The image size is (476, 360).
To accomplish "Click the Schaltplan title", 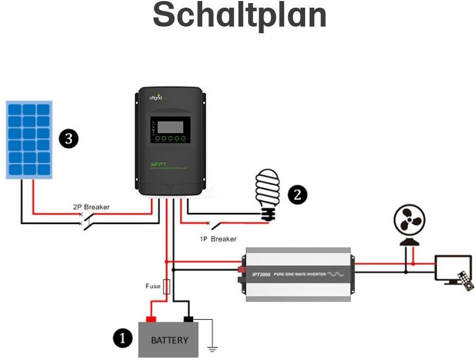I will (240, 15).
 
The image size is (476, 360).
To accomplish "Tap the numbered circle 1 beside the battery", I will (122, 338).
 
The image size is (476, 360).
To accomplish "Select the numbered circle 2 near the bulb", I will (297, 194).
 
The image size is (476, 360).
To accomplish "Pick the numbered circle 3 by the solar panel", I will (68, 139).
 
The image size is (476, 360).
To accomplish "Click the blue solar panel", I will (29, 140).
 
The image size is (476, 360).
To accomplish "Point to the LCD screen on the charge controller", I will (170, 126).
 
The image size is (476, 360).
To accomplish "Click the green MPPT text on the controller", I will (156, 164).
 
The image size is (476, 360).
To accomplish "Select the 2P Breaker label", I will (91, 207).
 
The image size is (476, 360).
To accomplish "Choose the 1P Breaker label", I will (218, 239).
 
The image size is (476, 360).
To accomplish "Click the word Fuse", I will (153, 286).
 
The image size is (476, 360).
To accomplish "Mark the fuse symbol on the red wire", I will (166, 287).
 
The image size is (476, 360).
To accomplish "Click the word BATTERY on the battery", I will (169, 340).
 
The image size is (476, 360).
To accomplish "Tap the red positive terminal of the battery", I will (151, 319).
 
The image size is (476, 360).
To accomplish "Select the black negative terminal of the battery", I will (188, 319).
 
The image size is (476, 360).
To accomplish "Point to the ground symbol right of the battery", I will (212, 349).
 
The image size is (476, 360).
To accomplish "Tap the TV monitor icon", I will (452, 268).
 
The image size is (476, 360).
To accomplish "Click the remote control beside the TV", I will (466, 281).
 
